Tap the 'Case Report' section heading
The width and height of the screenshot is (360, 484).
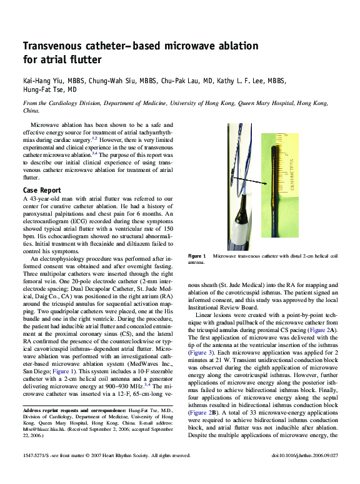click(x=42, y=190)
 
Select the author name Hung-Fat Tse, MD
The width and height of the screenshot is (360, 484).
click(x=49, y=90)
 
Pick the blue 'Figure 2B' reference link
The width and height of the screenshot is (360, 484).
click(x=202, y=413)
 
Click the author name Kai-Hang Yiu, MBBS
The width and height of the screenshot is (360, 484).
click(x=54, y=81)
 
